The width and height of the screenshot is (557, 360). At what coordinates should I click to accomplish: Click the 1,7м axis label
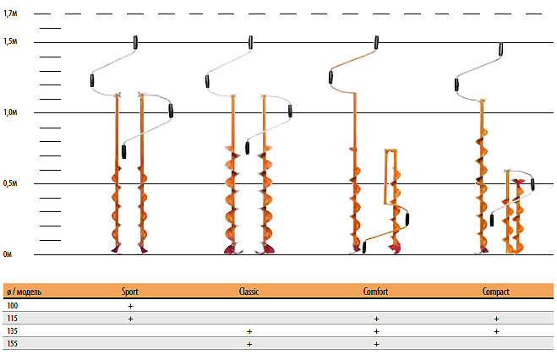point(11,14)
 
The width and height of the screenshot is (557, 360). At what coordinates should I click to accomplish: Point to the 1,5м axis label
point(11,42)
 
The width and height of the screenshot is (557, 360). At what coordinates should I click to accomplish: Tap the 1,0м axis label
point(11,113)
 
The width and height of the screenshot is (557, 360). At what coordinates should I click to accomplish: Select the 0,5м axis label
point(11,183)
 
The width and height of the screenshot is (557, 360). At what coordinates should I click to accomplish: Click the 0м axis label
point(8,254)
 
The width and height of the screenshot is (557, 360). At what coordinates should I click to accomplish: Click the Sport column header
point(130,292)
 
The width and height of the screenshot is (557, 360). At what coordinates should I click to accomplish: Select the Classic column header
point(248,292)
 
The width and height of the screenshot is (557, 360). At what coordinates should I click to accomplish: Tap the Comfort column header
point(375,292)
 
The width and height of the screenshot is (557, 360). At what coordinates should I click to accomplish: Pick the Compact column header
point(496,292)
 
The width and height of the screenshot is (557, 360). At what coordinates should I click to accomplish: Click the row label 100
point(12,305)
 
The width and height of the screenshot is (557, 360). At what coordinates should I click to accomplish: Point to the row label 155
point(12,345)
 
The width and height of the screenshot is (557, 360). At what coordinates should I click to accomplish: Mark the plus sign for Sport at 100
point(130,305)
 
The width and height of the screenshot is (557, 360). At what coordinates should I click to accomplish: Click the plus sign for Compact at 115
point(496,319)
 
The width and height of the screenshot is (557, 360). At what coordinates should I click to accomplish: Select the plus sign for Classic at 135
point(248,332)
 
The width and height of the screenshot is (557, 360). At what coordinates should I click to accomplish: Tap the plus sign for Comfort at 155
point(375,345)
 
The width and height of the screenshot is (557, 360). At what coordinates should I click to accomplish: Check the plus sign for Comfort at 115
point(375,319)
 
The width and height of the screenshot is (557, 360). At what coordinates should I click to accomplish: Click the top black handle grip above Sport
point(136,42)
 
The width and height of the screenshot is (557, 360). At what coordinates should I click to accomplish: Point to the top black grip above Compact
point(501,49)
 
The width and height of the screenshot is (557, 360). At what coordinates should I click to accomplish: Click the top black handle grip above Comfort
point(376,42)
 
